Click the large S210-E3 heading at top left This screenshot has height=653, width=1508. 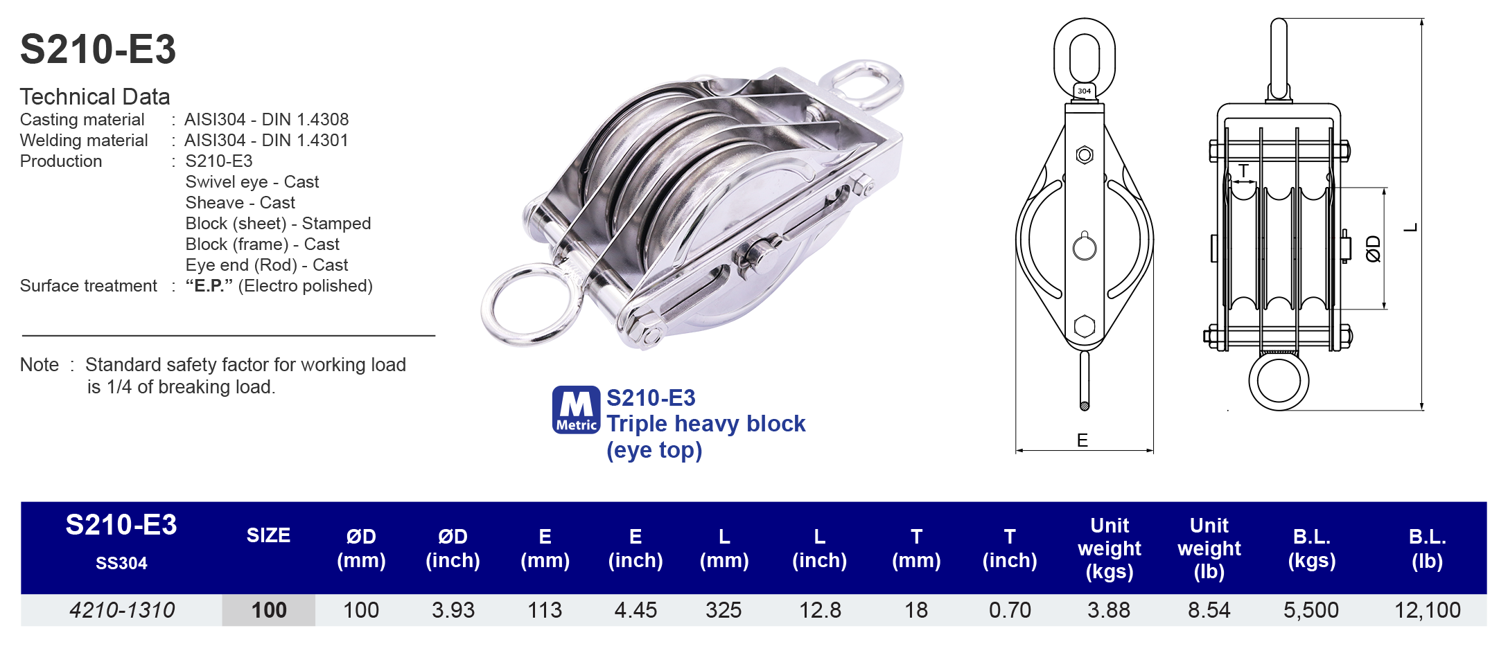(98, 50)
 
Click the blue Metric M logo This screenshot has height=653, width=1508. (576, 410)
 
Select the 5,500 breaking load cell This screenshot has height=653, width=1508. (1310, 610)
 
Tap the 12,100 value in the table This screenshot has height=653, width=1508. (1427, 610)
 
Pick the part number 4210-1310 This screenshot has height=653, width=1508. (122, 610)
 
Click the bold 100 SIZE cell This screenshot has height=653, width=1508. (269, 610)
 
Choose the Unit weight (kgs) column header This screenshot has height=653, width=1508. (1109, 548)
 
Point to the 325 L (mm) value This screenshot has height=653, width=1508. (724, 610)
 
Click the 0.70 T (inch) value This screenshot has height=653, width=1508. (1010, 610)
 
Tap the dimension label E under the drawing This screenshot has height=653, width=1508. (1082, 440)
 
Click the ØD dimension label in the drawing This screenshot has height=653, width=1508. (1373, 249)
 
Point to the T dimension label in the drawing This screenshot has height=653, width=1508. (1244, 171)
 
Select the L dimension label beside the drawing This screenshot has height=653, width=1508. (1410, 228)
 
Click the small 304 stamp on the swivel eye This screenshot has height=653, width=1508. (1085, 91)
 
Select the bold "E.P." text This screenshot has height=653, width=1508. (209, 286)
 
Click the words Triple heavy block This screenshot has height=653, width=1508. (705, 424)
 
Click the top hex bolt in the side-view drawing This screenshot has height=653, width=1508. (1085, 154)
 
